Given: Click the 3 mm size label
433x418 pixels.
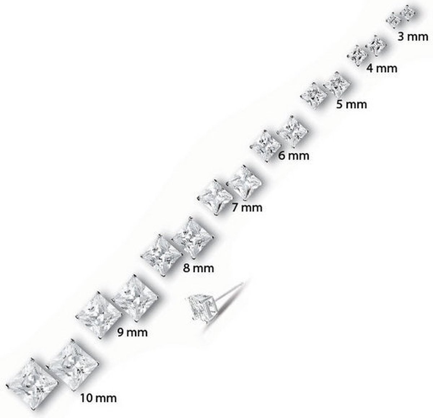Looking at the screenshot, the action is (x=413, y=37).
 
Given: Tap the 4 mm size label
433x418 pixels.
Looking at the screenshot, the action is (x=382, y=68).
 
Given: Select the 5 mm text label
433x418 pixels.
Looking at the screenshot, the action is (x=351, y=104).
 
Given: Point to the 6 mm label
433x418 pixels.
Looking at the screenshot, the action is (x=294, y=156).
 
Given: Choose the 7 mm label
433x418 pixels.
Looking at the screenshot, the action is (x=247, y=208).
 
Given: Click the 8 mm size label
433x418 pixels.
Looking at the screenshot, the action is (x=198, y=268).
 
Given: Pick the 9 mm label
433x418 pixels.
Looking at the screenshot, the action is (x=132, y=333).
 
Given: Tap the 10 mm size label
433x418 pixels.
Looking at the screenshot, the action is (x=99, y=398).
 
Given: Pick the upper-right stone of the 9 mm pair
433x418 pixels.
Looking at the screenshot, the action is (x=136, y=298).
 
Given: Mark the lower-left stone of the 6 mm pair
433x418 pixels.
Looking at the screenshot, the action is (x=266, y=146).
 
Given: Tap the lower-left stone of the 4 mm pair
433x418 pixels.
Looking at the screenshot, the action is (x=358, y=56).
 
